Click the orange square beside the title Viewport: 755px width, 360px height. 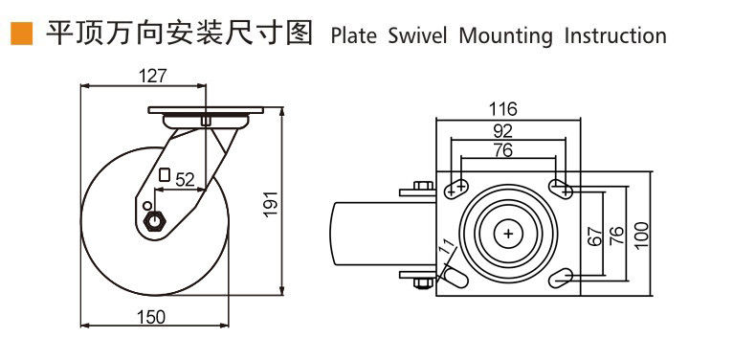22,34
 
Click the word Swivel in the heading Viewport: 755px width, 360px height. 417,36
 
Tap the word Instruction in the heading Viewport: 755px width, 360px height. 615,36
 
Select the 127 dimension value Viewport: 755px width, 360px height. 152,76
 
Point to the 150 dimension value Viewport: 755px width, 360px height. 151,317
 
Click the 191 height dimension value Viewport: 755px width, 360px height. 272,203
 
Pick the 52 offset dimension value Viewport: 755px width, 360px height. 185,180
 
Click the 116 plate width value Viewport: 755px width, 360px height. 502,109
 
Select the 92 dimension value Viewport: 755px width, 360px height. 503,130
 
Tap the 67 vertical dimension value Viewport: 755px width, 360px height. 595,236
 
